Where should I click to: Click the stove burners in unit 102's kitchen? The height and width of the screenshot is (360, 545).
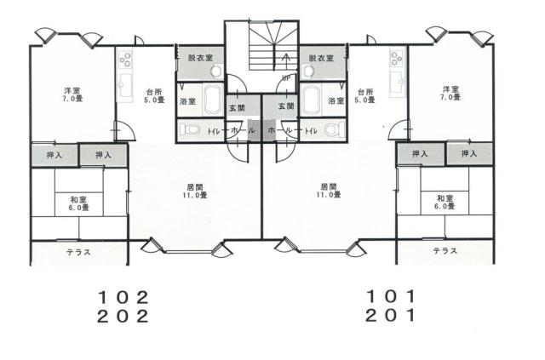[x=125, y=59]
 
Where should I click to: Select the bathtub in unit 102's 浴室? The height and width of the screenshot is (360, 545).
[x=213, y=100]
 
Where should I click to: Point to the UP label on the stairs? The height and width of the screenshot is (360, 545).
[x=286, y=78]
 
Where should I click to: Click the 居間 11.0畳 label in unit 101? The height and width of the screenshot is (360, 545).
[x=329, y=191]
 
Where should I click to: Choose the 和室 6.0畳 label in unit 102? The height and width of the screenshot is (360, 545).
[x=78, y=203]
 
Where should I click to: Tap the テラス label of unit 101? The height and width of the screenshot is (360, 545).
[x=445, y=250]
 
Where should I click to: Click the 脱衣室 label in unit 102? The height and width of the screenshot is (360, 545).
[x=200, y=58]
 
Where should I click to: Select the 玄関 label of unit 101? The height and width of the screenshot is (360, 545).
[x=286, y=106]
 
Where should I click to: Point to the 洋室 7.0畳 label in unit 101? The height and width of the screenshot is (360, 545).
[x=450, y=93]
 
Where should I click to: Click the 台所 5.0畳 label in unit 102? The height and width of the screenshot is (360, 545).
[x=154, y=96]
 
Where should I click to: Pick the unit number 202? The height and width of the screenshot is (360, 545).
[x=123, y=317]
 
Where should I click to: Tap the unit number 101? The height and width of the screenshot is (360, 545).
[x=391, y=296]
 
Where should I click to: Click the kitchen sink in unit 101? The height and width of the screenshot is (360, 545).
[x=398, y=83]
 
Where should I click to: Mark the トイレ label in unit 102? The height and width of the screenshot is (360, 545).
[x=213, y=131]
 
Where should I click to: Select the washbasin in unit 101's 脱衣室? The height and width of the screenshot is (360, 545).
[x=307, y=71]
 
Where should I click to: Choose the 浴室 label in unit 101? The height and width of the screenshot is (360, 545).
[x=336, y=100]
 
